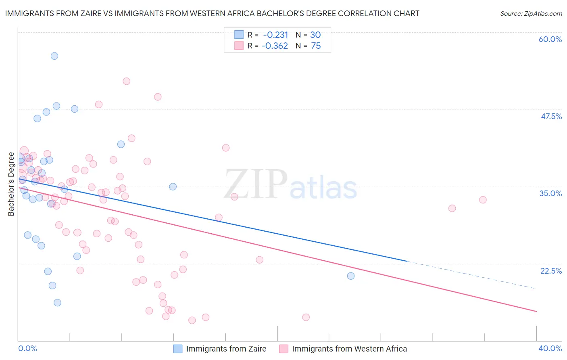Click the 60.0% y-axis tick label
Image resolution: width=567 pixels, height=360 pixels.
click(x=550, y=39)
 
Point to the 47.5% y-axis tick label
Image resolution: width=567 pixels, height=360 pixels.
click(x=551, y=116)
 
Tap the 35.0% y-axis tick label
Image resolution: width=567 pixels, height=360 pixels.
click(x=550, y=193)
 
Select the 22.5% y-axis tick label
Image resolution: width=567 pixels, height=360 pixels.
click(x=551, y=271)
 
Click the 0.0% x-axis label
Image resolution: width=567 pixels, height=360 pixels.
click(x=27, y=348)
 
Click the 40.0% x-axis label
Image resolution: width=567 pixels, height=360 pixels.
click(x=550, y=348)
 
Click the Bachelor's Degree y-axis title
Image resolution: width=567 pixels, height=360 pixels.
click(x=11, y=184)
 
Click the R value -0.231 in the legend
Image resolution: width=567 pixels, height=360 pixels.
click(x=275, y=35)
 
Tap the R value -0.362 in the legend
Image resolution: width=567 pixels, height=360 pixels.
click(x=275, y=46)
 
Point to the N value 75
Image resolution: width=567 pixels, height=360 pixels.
click(x=316, y=46)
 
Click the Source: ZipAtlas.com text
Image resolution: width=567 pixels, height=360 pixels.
click(x=531, y=14)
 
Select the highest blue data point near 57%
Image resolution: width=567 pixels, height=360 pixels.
click(x=54, y=56)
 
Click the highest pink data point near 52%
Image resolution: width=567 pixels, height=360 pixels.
click(x=126, y=81)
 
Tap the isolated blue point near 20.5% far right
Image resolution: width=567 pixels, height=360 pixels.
click(x=351, y=276)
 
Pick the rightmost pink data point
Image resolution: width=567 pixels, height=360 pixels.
click(x=483, y=200)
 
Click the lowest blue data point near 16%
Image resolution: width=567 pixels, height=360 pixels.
click(x=57, y=303)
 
